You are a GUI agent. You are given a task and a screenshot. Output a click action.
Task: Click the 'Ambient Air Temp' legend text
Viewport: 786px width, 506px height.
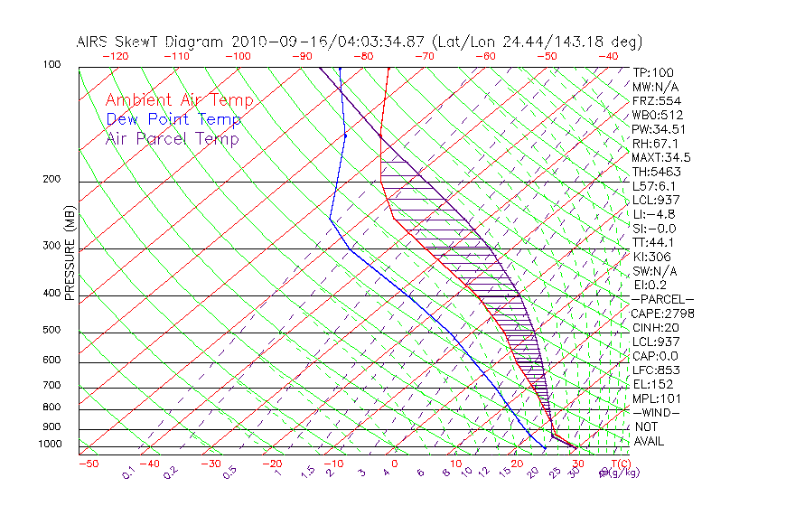point(179,100)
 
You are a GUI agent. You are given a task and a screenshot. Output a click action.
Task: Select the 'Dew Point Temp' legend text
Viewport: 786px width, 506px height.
point(173,119)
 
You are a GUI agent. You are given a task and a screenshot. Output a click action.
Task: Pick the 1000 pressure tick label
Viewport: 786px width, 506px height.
point(51,445)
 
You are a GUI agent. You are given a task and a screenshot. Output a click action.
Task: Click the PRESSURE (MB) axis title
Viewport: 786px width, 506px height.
point(69,258)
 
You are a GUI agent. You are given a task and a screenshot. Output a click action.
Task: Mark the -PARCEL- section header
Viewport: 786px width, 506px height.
point(662,299)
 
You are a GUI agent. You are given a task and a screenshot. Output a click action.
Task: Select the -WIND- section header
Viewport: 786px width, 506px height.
point(656,412)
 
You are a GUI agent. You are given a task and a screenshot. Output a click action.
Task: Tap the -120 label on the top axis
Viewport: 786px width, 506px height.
point(115,55)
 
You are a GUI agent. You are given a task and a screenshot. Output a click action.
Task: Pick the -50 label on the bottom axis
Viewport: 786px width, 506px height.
point(88,464)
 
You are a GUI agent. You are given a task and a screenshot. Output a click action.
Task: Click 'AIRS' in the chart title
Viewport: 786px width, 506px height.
point(94,42)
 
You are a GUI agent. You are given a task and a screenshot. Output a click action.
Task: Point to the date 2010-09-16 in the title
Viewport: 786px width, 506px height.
point(273,42)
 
